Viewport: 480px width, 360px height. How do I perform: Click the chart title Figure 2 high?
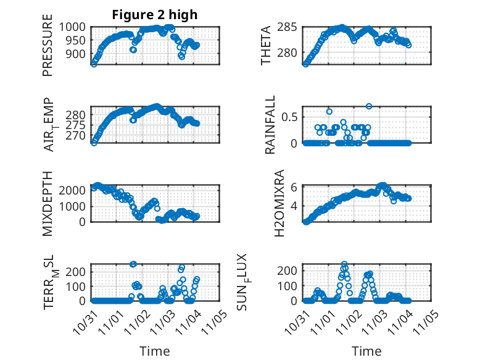tap(154, 15)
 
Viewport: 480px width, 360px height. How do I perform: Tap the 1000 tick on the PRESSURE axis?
tap(77, 27)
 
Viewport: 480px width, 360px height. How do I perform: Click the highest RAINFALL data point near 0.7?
tap(369, 106)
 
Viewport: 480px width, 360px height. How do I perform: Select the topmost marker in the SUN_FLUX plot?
tap(344, 264)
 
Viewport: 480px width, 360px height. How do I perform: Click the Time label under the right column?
tap(366, 351)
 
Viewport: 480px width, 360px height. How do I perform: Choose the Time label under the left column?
tap(154, 351)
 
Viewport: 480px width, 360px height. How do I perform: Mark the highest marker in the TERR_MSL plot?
tap(133, 264)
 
